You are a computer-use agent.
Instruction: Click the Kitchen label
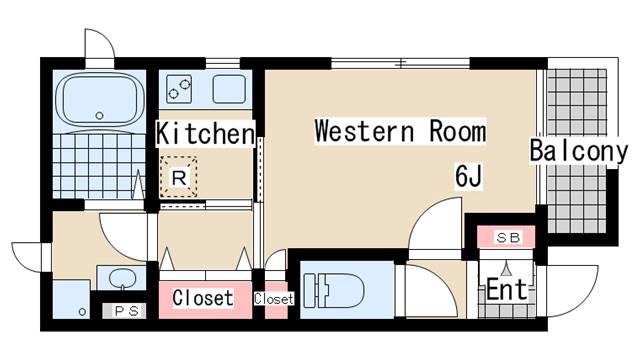coord(205,134)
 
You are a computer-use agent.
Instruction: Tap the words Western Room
coord(400,131)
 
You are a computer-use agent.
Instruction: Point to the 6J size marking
coord(469,176)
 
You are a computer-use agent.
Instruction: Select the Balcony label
coord(578,151)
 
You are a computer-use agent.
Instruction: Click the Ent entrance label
coord(507,289)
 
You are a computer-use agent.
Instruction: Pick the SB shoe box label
coord(508,237)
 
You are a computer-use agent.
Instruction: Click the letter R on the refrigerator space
coord(179,178)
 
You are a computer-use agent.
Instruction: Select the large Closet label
coord(203,298)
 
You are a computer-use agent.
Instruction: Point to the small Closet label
coord(274,299)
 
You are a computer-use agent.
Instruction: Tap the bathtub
coord(100,100)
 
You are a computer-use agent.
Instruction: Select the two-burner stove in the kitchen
coord(179,89)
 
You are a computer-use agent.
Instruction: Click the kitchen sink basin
coord(229,89)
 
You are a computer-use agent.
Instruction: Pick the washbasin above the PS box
coord(122,278)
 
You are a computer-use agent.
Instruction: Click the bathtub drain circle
coord(99,116)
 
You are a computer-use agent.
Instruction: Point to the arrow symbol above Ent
coord(507,269)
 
